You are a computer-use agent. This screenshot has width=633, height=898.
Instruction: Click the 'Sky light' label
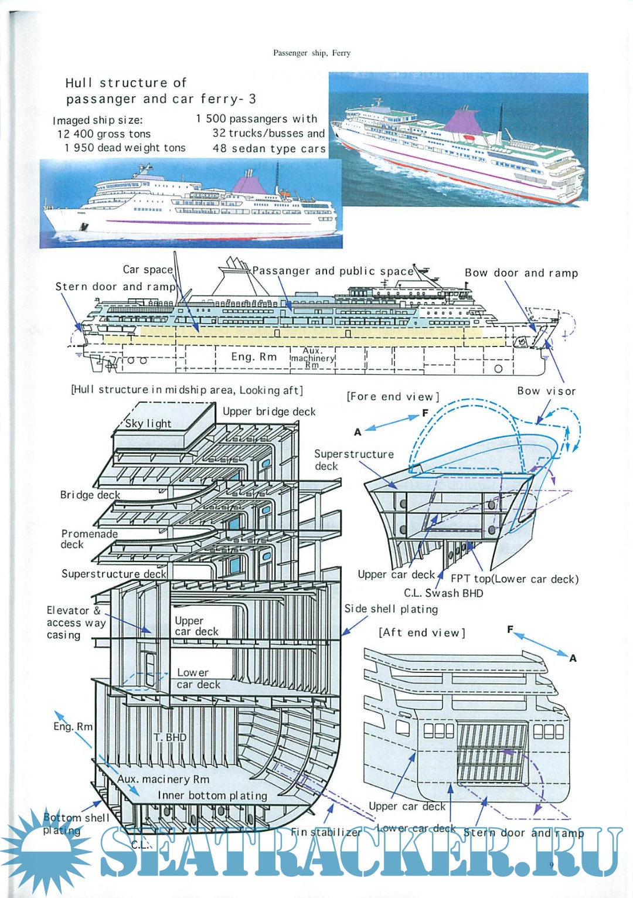[x=148, y=424]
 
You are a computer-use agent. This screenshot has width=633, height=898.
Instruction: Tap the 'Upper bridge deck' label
[x=269, y=411]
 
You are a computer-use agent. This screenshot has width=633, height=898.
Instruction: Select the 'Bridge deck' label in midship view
[x=90, y=495]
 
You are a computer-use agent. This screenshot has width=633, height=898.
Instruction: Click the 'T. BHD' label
[x=170, y=737]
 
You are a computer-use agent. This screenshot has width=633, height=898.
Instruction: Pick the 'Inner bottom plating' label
[x=212, y=795]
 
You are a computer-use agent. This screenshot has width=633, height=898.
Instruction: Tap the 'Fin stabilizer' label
[x=326, y=832]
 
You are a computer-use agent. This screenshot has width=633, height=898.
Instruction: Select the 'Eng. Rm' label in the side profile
[x=254, y=357]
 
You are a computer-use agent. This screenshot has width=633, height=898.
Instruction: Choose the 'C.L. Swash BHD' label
[x=443, y=593]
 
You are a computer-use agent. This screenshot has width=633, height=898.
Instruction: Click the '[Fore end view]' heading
[x=393, y=397]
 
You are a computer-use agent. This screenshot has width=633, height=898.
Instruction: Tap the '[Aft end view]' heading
[x=422, y=632]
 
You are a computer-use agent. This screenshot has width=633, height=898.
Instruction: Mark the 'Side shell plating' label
[x=391, y=609]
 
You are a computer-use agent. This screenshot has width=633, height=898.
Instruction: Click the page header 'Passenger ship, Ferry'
[x=312, y=53]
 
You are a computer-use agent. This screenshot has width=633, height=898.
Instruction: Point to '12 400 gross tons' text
[x=104, y=134]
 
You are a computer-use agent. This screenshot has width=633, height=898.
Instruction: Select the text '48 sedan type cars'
[x=269, y=148]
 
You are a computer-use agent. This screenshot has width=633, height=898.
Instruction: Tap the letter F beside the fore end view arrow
[x=426, y=413]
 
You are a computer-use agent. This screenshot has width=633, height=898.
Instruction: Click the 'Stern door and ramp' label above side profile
[x=115, y=287]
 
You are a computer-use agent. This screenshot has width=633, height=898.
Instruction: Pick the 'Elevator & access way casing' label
[x=76, y=623]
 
